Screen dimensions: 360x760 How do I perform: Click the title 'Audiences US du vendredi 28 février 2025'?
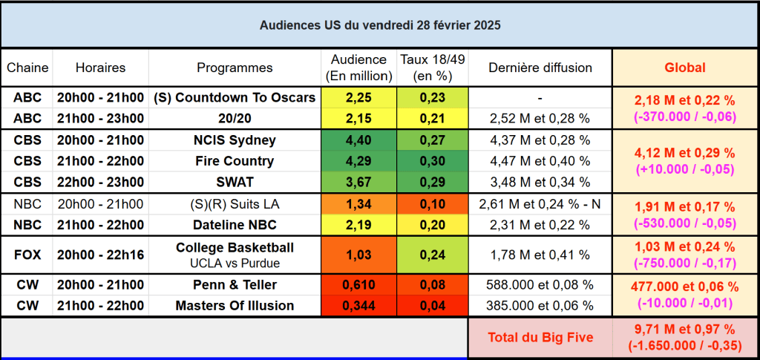tap(380, 25)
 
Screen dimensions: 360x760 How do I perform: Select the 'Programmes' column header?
tap(235, 68)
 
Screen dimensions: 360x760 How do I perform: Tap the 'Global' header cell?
tap(684, 68)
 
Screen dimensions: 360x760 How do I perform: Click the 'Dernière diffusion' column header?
tap(540, 68)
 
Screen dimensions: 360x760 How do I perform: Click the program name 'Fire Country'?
tap(235, 161)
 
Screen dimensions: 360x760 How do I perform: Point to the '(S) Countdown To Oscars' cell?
tap(235, 97)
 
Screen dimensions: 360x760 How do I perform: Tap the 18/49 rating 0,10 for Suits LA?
tap(432, 204)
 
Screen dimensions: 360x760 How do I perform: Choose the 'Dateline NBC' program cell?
tap(235, 224)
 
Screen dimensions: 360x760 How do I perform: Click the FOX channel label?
tap(27, 255)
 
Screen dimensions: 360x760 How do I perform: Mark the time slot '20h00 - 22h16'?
tap(100, 255)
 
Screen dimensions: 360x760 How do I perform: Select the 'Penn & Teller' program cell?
tap(235, 284)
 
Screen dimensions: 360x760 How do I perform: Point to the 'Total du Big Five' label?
tap(540, 338)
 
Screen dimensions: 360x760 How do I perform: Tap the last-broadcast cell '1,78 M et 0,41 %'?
tap(540, 255)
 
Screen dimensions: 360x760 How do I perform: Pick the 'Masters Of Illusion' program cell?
tap(235, 305)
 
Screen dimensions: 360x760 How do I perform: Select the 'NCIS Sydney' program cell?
tap(235, 140)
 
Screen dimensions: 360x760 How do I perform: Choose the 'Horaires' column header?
tap(100, 68)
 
